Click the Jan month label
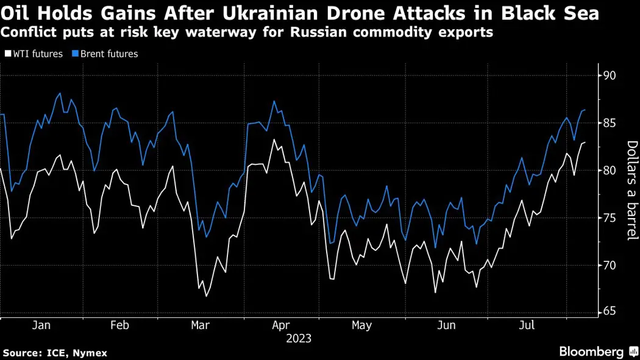[x=41, y=325]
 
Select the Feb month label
[x=119, y=325]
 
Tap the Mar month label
[x=201, y=325]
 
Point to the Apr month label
[x=281, y=325]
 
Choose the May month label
[x=361, y=325]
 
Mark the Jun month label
[x=447, y=325]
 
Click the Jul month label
[x=527, y=325]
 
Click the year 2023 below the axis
[x=299, y=338]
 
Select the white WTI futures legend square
[x=7, y=54]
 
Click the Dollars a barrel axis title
[x=632, y=190]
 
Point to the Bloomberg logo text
[x=591, y=351]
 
